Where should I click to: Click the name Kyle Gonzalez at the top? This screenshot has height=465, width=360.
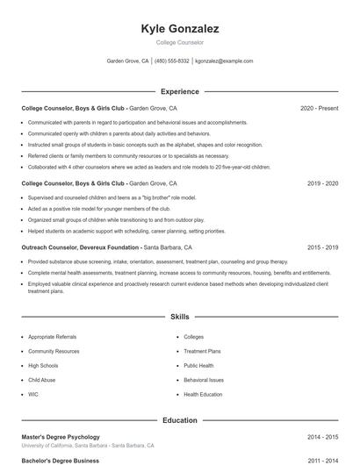tap(179, 29)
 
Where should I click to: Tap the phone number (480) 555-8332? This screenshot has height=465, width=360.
tap(172, 61)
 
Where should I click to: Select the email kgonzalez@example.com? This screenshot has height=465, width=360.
tap(224, 61)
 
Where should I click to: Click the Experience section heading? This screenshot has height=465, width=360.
tap(179, 91)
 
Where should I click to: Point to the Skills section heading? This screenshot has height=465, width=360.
tap(179, 316)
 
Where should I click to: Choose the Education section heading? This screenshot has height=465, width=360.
tap(179, 420)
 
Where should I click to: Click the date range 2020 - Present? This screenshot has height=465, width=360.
tap(319, 109)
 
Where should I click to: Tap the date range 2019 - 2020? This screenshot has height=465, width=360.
tap(322, 184)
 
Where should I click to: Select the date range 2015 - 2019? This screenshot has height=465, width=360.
tap(322, 248)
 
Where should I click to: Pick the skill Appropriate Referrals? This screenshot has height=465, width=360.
tap(53, 337)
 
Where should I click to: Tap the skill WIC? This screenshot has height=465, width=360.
tap(33, 395)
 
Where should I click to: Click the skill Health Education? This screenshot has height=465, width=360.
tap(203, 395)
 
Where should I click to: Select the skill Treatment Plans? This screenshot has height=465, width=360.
tap(202, 351)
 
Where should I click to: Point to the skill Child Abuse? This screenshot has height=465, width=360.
tap(42, 380)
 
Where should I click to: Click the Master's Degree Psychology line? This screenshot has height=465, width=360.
tap(61, 437)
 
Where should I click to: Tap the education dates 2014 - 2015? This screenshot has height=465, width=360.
tap(322, 437)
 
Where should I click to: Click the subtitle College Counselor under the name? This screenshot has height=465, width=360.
tap(179, 42)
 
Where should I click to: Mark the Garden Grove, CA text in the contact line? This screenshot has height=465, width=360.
tap(127, 61)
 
